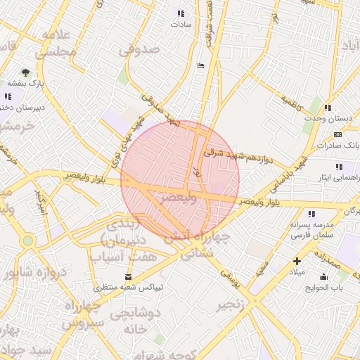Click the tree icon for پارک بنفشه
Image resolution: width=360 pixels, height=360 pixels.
click(x=26, y=72)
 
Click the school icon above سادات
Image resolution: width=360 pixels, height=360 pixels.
click(x=181, y=13)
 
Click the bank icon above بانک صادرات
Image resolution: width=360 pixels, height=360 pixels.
click(x=338, y=134)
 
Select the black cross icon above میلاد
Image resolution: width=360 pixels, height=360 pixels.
click(x=297, y=261)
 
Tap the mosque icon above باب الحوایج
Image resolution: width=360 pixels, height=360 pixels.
click(x=323, y=276)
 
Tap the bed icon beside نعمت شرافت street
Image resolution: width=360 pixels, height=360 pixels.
click(x=201, y=65)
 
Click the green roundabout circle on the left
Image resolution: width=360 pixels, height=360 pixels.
click(x=27, y=240)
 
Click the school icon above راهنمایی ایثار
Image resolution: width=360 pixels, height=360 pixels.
click(x=339, y=167)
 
